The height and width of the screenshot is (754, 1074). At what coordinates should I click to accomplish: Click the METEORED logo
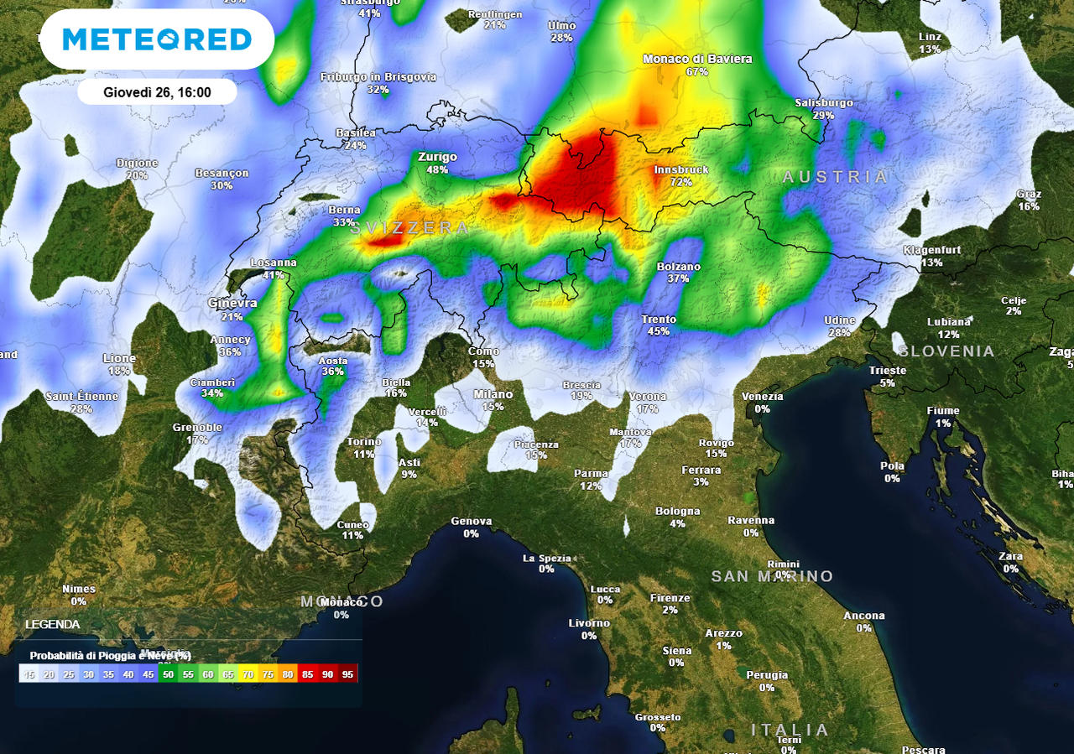pyautogui.click(x=157, y=39)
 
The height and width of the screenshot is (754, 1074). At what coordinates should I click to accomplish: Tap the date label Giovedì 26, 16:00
pyautogui.click(x=157, y=92)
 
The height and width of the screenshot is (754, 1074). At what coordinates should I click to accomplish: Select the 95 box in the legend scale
pyautogui.click(x=348, y=673)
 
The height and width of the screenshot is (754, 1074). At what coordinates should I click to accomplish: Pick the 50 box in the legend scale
pyautogui.click(x=168, y=673)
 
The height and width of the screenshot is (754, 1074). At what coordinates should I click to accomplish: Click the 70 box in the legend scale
pyautogui.click(x=247, y=673)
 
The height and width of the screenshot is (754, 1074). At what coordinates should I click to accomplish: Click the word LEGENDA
pyautogui.click(x=53, y=625)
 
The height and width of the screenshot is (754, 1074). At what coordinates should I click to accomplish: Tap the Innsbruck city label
pyautogui.click(x=680, y=169)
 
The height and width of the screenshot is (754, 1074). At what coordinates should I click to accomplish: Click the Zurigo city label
pyautogui.click(x=437, y=157)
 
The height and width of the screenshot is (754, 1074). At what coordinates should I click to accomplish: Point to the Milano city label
pyautogui.click(x=493, y=394)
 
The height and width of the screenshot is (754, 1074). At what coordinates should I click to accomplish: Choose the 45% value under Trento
pyautogui.click(x=659, y=332)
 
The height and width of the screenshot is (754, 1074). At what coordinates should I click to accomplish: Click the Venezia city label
pyautogui.click(x=762, y=397)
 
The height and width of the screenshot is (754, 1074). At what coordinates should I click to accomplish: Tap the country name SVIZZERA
pyautogui.click(x=410, y=228)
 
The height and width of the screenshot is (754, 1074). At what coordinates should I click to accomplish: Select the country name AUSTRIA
pyautogui.click(x=835, y=177)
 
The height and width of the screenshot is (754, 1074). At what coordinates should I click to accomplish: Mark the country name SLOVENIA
pyautogui.click(x=946, y=351)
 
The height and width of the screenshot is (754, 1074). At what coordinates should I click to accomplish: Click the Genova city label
pyautogui.click(x=471, y=521)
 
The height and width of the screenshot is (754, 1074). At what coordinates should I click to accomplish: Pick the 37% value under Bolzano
pyautogui.click(x=678, y=279)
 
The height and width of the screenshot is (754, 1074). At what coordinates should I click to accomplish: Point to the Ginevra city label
pyautogui.click(x=232, y=303)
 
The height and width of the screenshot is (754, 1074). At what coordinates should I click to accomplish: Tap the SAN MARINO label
pyautogui.click(x=772, y=576)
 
